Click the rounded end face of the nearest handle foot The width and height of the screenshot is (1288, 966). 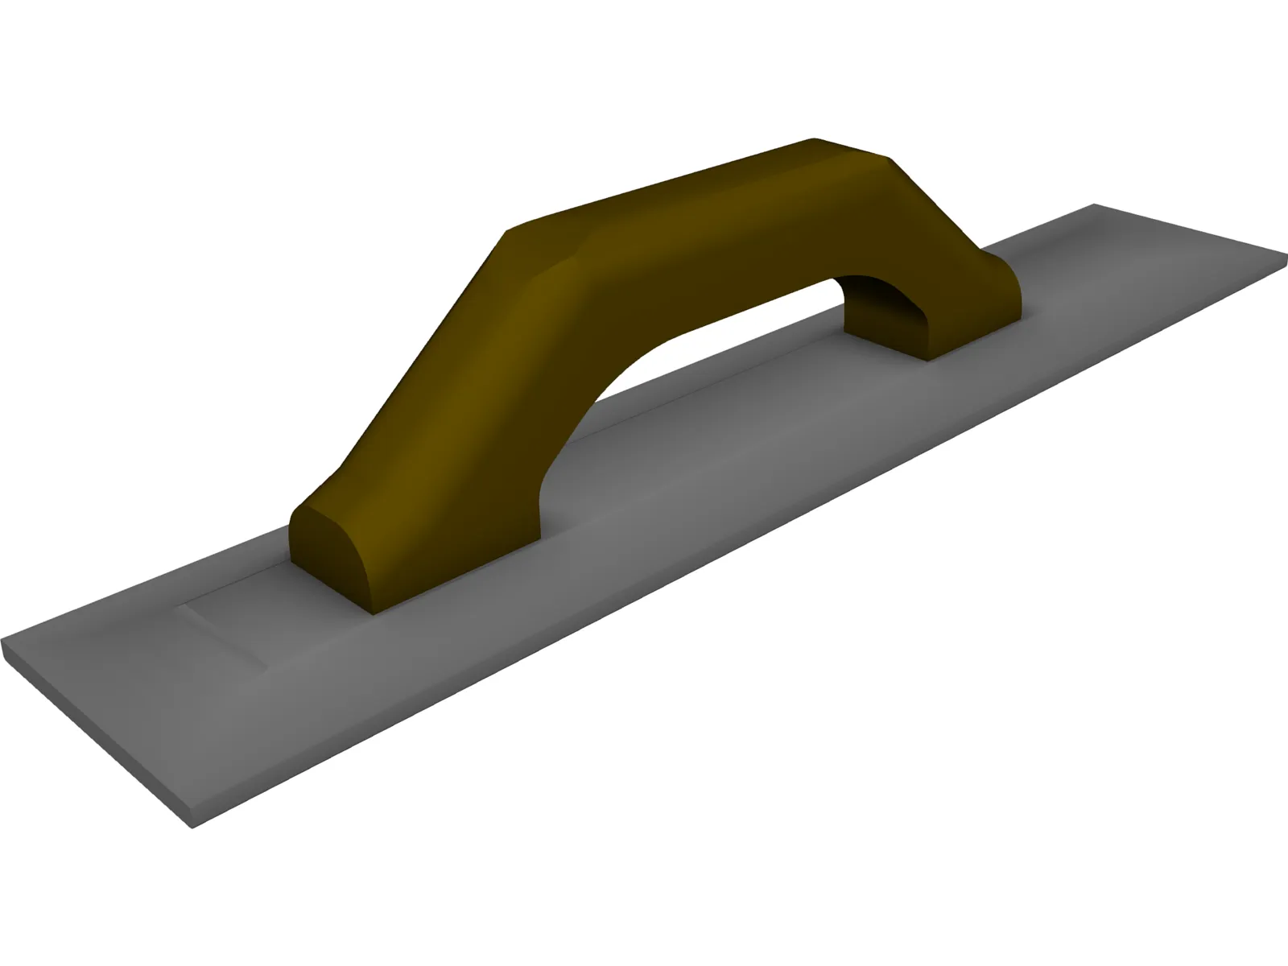[x=326, y=555]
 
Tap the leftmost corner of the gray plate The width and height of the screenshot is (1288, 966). [x=3, y=644]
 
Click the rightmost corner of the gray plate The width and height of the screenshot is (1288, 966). [x=1286, y=258]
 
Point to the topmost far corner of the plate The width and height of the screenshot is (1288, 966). [x=1093, y=205]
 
